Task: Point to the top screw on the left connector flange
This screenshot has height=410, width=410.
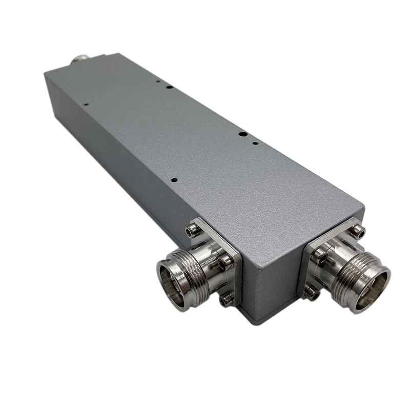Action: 192,232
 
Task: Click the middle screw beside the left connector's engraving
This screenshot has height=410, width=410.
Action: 226,263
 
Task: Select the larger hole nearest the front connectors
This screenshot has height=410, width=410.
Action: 242,134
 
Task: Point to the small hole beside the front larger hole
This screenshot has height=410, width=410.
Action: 255,141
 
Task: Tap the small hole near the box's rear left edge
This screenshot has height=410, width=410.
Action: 86,105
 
